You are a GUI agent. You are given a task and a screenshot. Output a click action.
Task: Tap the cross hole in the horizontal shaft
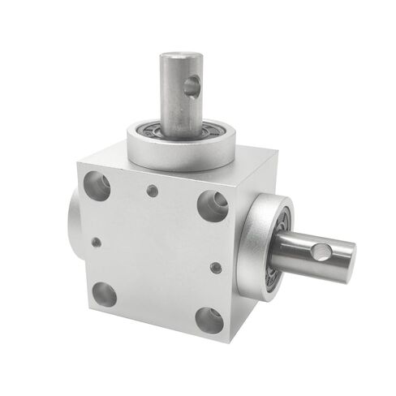pyautogui.click(x=322, y=253)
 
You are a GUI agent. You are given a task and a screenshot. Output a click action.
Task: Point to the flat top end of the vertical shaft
pyautogui.click(x=180, y=57)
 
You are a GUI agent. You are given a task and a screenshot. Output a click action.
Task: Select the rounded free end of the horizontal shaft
pyautogui.click(x=349, y=257)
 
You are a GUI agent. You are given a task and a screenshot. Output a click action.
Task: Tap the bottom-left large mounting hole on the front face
pyautogui.click(x=103, y=293)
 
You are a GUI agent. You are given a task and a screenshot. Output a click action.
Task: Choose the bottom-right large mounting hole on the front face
pyautogui.click(x=209, y=319)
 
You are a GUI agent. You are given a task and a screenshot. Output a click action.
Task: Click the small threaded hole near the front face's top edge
pyautogui.click(x=152, y=192)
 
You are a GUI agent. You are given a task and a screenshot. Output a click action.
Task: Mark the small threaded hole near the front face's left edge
pyautogui.click(x=97, y=241)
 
